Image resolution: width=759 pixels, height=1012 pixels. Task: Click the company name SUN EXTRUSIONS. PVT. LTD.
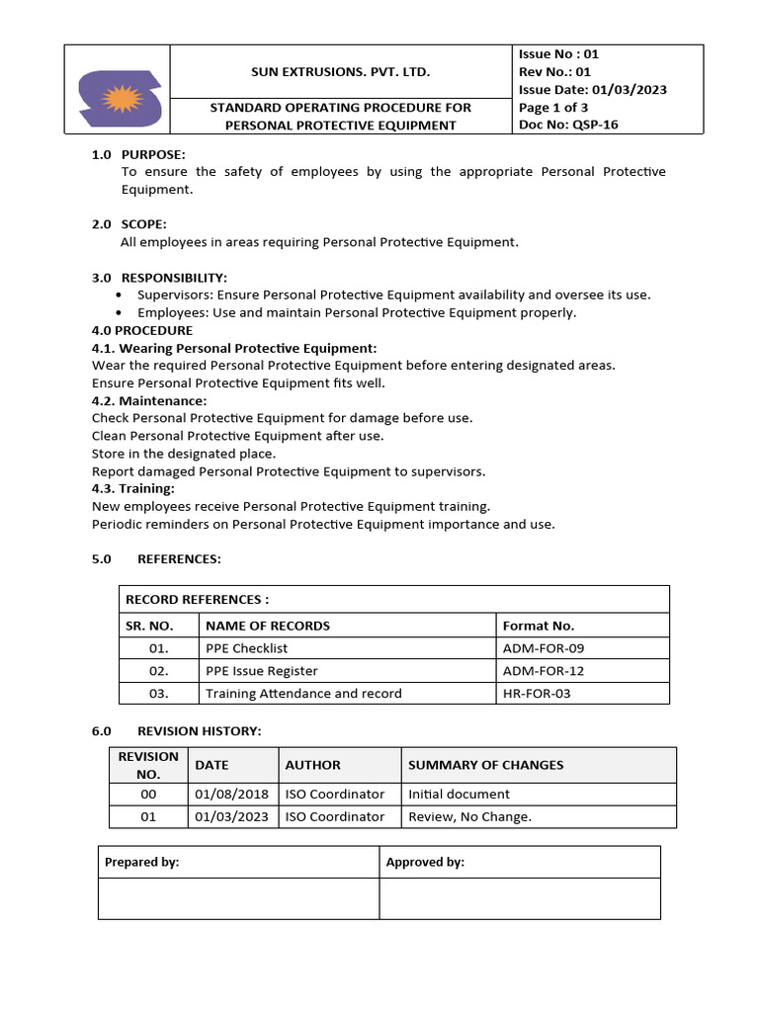[340, 72]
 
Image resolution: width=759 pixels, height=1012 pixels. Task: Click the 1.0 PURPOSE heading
[138, 154]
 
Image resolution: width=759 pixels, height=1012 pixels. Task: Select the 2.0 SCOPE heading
[129, 224]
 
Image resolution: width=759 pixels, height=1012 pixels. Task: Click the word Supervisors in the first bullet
[174, 295]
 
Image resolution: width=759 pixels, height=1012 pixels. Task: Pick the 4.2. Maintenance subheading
[149, 400]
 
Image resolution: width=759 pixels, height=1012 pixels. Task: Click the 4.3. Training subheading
[132, 488]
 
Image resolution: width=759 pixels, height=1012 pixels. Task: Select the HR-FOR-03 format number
[537, 694]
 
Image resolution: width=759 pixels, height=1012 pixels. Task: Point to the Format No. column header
[539, 626]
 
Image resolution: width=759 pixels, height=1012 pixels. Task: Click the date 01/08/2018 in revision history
[231, 794]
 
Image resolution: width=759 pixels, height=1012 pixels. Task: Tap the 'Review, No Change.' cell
[469, 816]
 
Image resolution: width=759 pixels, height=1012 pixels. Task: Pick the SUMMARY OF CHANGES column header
[485, 765]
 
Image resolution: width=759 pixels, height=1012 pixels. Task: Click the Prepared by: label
[141, 862]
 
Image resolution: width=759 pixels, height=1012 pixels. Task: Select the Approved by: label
[425, 862]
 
